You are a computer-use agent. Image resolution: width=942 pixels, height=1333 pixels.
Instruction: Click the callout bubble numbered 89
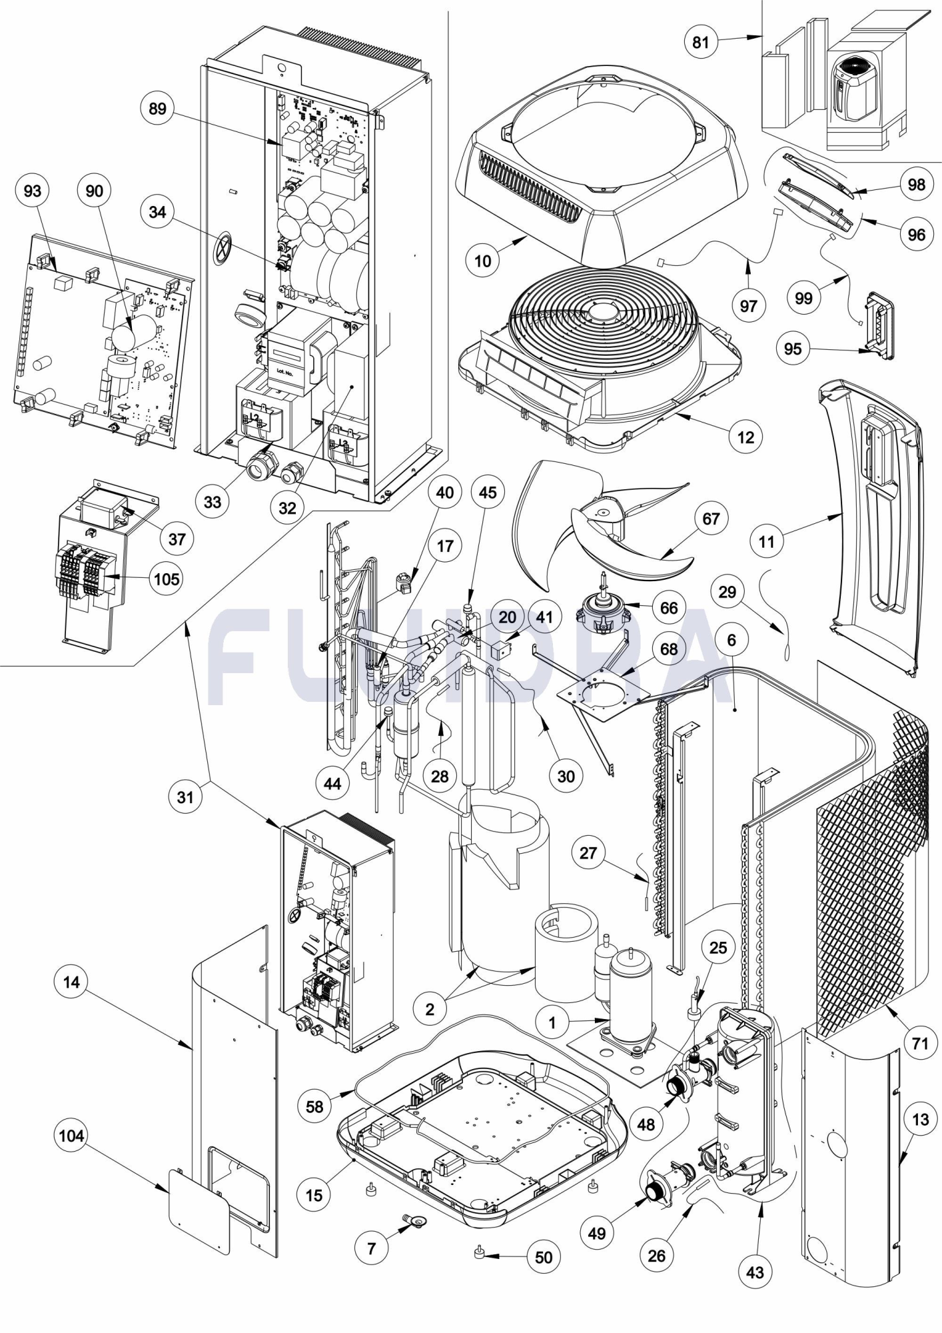(158, 109)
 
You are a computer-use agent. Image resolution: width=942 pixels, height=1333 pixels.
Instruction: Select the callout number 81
(701, 42)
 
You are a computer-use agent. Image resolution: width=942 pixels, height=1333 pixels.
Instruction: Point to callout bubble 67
(711, 518)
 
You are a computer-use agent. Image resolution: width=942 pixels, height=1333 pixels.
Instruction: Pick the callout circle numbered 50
(544, 1258)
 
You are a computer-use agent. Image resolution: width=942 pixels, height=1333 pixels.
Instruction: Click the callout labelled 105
(167, 579)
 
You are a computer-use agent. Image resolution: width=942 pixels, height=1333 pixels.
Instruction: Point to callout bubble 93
(32, 191)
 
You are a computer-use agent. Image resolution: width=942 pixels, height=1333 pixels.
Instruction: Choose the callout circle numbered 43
(755, 1272)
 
